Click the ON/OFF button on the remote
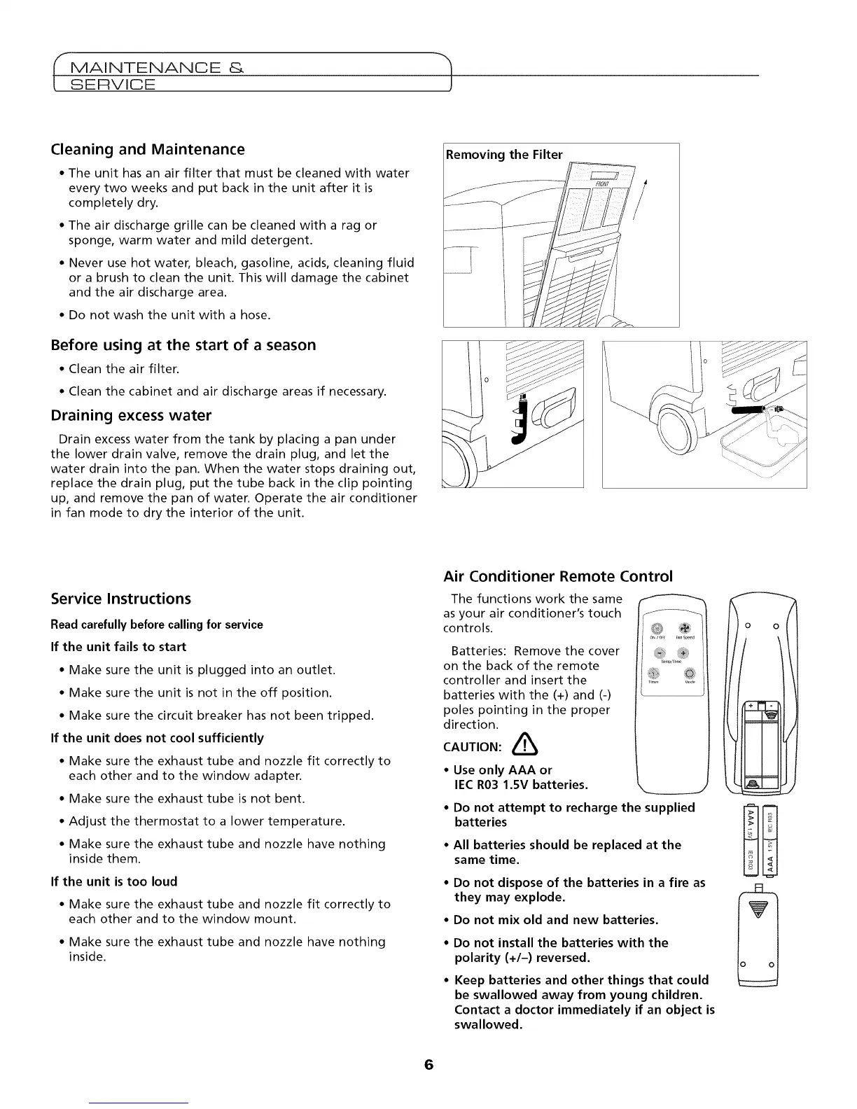click(655, 627)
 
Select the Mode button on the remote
click(688, 674)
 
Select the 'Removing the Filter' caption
click(504, 155)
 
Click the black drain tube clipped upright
click(520, 421)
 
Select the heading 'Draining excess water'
click(131, 416)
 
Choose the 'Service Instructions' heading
click(121, 599)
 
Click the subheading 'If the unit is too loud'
click(115, 881)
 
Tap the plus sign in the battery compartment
click(751, 706)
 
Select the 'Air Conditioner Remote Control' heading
click(558, 576)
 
